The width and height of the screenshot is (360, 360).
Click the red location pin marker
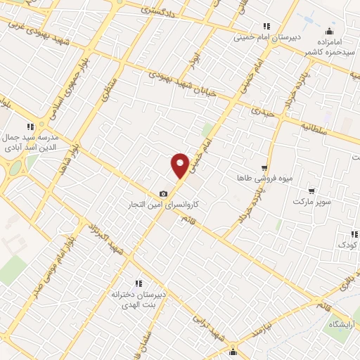(x=180, y=165)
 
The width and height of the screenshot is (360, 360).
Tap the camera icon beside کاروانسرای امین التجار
(x=164, y=193)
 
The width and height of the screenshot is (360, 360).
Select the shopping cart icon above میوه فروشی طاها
(x=264, y=168)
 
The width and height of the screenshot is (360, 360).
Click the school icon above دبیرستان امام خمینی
(x=266, y=26)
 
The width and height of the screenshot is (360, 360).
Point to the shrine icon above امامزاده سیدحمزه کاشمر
(x=330, y=31)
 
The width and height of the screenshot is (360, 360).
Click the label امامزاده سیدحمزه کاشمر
(x=329, y=47)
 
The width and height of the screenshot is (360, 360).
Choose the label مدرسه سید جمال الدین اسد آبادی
(x=30, y=142)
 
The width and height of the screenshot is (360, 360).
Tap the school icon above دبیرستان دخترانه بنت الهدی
(x=139, y=283)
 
